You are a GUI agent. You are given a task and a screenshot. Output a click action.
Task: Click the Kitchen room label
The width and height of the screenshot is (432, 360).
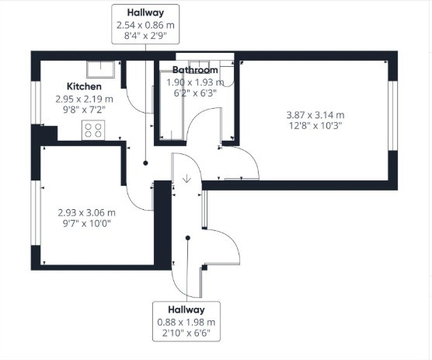84,86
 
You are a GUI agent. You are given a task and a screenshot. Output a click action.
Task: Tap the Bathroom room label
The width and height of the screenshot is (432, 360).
195,70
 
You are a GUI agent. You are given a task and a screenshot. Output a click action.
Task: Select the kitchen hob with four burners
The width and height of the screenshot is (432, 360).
93,130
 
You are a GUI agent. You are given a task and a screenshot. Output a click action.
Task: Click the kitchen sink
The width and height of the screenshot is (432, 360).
100,69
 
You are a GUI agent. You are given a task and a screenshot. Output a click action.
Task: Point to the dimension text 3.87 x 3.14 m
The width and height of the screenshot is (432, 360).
315,114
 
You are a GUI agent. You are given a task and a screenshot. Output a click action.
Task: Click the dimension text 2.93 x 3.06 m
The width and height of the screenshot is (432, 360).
87,212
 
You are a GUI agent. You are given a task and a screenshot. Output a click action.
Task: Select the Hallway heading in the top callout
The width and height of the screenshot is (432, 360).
145,12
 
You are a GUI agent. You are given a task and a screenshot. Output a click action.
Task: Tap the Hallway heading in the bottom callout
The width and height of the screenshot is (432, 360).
186,309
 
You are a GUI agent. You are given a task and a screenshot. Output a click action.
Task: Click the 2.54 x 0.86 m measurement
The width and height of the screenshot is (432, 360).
145,25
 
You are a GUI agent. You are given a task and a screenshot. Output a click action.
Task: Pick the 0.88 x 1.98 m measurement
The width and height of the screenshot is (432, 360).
186,322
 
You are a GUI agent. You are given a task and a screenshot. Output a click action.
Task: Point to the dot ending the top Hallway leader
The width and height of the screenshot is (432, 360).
145,163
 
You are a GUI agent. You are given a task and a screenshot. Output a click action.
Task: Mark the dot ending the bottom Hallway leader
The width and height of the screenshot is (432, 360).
187,238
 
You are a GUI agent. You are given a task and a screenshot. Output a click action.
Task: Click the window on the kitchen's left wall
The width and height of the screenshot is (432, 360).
36,103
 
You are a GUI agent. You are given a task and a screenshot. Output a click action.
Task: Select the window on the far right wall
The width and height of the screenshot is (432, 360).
393,116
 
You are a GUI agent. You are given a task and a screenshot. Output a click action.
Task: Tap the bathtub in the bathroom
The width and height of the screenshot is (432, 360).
172,105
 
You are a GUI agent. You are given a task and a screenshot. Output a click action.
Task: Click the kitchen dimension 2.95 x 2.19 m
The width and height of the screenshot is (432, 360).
85,99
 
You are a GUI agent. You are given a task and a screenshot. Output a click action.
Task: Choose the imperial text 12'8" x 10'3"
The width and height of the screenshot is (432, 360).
315,126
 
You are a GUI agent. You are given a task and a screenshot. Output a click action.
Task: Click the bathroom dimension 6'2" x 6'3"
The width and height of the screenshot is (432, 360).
195,93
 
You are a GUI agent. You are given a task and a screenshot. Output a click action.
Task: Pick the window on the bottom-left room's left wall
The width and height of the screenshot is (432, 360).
36,212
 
